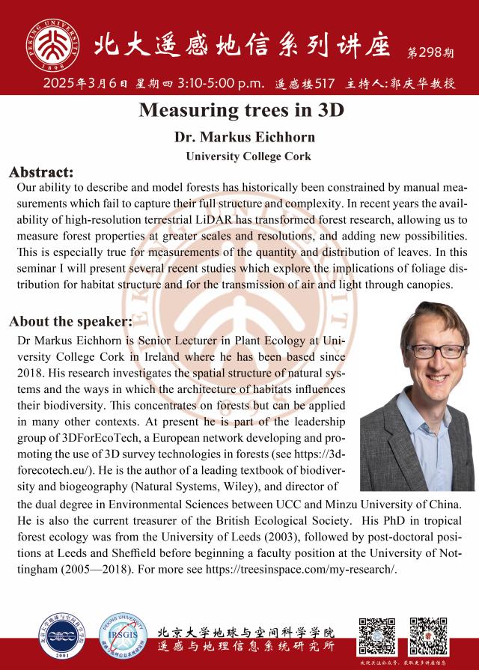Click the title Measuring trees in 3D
click(239, 110)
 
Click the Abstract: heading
click(41, 171)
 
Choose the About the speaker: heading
click(70, 322)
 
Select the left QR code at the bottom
click(377, 634)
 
